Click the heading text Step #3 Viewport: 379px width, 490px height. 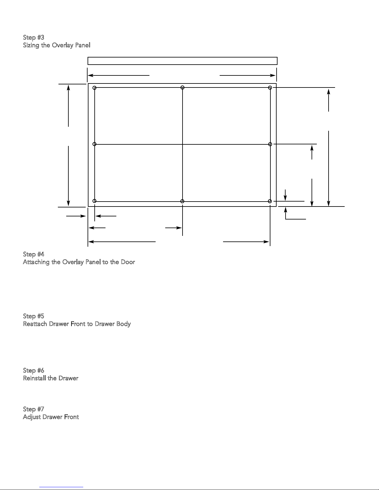pyautogui.click(x=33, y=37)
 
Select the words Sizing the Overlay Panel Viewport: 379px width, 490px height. pyautogui.click(x=57, y=45)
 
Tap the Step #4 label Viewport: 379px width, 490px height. pyautogui.click(x=34, y=254)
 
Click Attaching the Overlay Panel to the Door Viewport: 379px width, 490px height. pyautogui.click(x=79, y=262)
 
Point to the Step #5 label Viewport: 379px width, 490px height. pyautogui.click(x=33, y=316)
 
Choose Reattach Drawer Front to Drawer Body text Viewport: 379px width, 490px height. pyautogui.click(x=77, y=324)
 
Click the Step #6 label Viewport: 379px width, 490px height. pyautogui.click(x=33, y=370)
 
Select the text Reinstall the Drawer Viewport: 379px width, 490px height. pyautogui.click(x=51, y=378)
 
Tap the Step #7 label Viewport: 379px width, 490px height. pyautogui.click(x=33, y=409)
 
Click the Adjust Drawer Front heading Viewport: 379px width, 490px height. pyautogui.click(x=51, y=417)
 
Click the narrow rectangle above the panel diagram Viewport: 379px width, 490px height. pyautogui.click(x=183, y=57)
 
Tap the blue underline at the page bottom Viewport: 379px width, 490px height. pyautogui.click(x=61, y=487)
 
